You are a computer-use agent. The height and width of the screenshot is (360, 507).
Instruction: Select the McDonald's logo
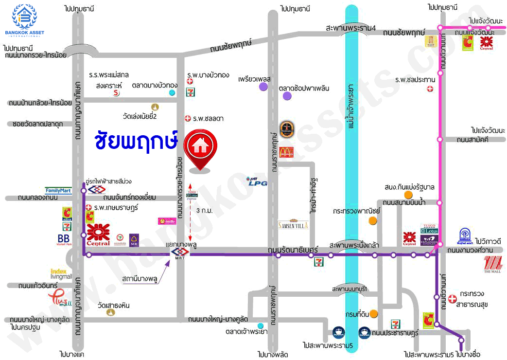pos(286,152)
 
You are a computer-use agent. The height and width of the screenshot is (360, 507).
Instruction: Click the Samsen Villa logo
pos(293,224)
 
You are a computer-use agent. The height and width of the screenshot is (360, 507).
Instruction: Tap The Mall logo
pos(494,266)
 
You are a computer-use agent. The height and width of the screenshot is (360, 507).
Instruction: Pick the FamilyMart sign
pos(58,190)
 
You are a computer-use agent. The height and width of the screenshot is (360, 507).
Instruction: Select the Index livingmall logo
pos(61,273)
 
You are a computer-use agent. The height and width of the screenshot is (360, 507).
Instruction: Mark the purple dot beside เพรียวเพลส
pos(263,87)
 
